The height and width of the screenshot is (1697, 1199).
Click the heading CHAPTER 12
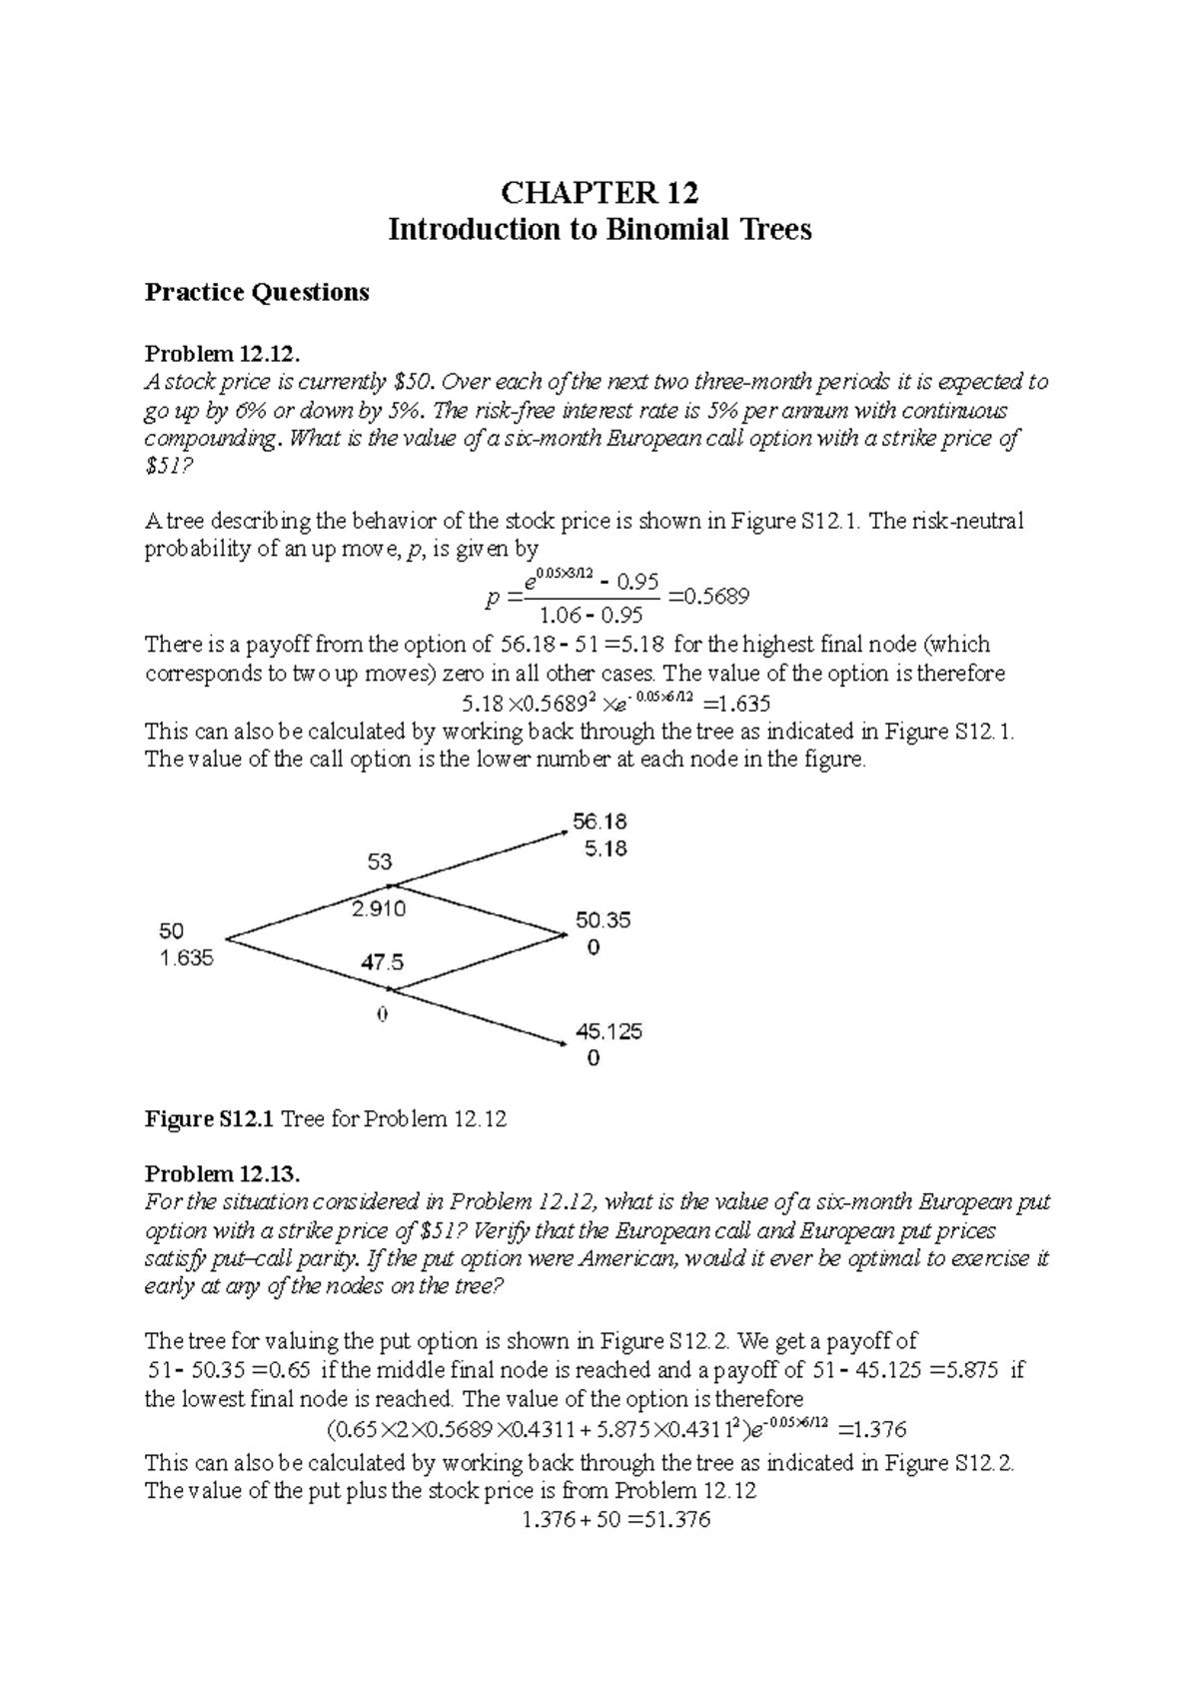[x=599, y=191]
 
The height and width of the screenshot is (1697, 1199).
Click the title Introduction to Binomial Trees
[x=599, y=230]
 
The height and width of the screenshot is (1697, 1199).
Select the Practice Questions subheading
[x=257, y=292]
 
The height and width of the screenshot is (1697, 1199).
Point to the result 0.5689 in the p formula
[x=718, y=597]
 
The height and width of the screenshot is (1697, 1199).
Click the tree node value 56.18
[x=599, y=822]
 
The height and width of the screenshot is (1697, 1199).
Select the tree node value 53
[x=380, y=861]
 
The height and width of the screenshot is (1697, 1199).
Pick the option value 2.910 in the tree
[x=378, y=909]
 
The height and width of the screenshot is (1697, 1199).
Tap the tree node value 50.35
[x=602, y=919]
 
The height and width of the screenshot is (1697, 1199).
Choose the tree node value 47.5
[x=382, y=962]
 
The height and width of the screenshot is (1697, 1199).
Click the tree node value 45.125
[x=607, y=1030]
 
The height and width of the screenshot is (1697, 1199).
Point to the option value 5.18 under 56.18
[x=604, y=849]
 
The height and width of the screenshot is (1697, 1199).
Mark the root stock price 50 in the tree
[x=171, y=930]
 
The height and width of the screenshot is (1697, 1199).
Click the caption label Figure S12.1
[x=208, y=1119]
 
